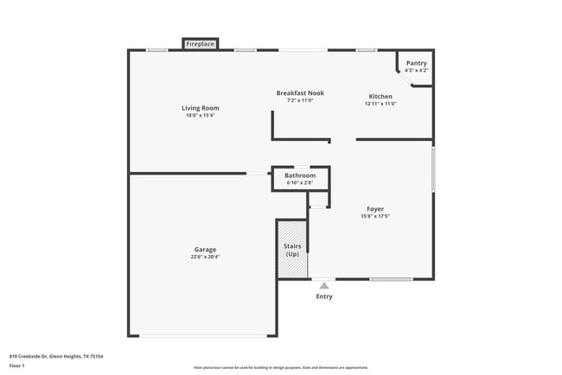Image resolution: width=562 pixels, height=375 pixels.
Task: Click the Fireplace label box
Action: point(200,44)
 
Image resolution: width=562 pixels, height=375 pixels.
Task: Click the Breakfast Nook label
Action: point(299,92)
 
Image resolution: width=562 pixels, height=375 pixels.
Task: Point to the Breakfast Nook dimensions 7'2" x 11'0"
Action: point(299,100)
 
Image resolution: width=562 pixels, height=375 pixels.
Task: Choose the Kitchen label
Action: point(380,96)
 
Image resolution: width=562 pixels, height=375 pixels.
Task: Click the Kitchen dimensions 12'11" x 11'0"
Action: point(380,104)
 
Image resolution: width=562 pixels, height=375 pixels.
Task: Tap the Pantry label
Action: point(416,63)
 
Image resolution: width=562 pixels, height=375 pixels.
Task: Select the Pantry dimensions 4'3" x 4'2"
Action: point(416,70)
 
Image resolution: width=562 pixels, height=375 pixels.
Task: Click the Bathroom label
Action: point(300,175)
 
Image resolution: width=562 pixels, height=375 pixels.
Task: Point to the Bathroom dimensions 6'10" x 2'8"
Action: point(300,183)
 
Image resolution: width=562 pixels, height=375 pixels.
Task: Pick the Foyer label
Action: point(375,208)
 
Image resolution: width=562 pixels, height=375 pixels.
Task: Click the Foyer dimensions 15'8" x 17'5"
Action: point(375,216)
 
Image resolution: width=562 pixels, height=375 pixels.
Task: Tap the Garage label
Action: point(205,249)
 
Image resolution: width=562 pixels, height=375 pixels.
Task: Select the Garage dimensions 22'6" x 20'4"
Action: point(205,257)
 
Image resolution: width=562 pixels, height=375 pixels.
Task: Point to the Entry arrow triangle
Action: point(324,285)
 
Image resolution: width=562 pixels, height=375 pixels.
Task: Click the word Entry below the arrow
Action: point(324,296)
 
